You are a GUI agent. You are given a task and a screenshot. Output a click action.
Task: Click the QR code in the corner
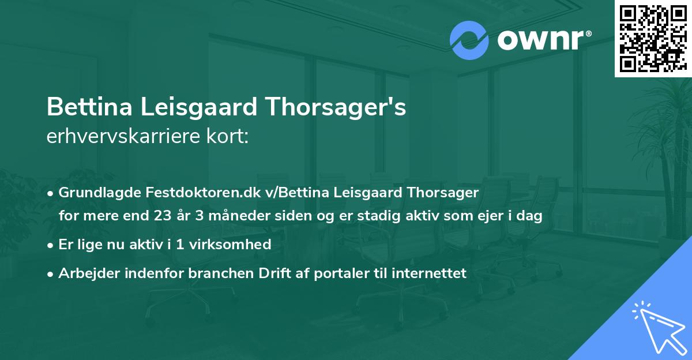point(652,38)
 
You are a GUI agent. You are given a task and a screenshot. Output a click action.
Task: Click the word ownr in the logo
point(542,40)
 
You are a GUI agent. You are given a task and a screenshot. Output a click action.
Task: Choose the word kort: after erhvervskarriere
point(228,137)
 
